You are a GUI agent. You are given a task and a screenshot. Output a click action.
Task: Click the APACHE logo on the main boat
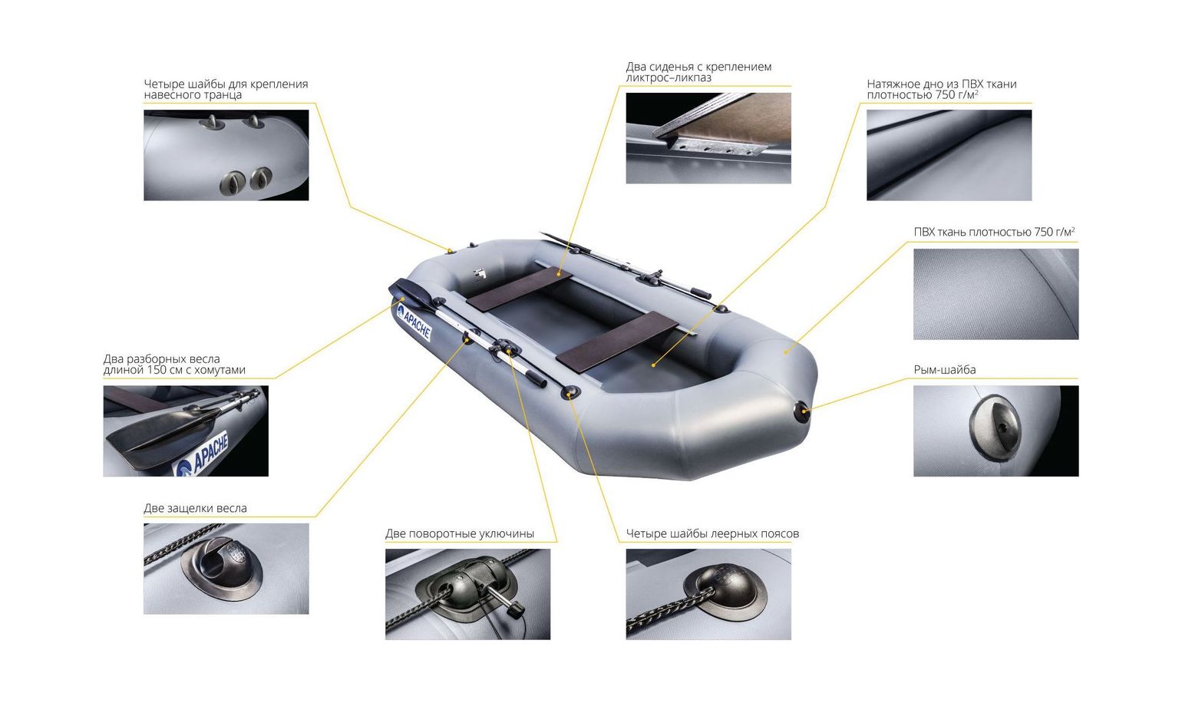coord(414,322)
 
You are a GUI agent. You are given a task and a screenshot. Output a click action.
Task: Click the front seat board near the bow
coord(617,341)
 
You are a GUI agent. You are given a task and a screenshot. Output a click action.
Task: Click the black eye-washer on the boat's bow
coord(802,411)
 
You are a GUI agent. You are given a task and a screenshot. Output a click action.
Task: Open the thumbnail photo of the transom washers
coord(226,155)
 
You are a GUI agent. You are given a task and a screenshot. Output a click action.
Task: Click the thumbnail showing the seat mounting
coord(708,138)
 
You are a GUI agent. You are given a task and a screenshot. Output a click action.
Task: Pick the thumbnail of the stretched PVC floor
coord(949,155)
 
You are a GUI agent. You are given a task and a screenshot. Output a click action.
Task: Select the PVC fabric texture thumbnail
coord(995,294)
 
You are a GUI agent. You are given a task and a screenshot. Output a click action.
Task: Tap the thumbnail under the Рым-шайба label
coord(995,431)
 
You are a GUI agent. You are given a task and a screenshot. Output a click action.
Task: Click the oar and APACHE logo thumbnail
coord(186,431)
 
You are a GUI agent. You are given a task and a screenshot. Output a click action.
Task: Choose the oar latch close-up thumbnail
coord(226,569)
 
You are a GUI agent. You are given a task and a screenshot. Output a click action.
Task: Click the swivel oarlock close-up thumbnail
coord(467,594)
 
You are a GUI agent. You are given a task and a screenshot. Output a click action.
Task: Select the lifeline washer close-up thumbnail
coord(708,594)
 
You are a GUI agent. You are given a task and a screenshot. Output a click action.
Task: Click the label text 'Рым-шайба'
coord(945,369)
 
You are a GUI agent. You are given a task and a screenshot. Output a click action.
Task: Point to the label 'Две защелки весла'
coord(195,508)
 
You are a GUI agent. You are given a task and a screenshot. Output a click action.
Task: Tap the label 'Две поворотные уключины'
coord(460,533)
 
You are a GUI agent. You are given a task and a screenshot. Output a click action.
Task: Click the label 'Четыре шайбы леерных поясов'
coord(712,533)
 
